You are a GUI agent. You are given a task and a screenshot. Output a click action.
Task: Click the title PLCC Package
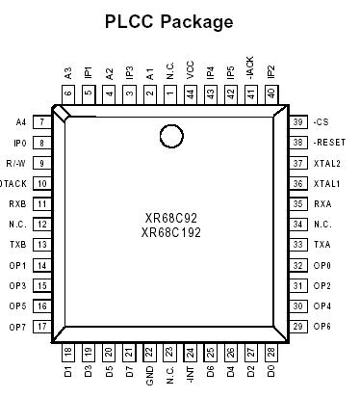(168, 21)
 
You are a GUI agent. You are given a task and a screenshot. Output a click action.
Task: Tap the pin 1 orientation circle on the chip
(171, 137)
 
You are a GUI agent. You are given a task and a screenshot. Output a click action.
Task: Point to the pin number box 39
(298, 121)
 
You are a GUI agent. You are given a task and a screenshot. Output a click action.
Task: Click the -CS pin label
(321, 121)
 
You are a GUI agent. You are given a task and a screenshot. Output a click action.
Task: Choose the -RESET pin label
(328, 143)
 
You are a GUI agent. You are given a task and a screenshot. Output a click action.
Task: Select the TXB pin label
(17, 245)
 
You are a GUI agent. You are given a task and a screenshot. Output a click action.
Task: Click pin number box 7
(41, 122)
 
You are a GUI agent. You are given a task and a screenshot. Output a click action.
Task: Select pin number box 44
(191, 93)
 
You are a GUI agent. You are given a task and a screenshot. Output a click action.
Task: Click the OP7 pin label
(17, 327)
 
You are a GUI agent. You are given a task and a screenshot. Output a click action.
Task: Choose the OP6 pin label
(322, 327)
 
